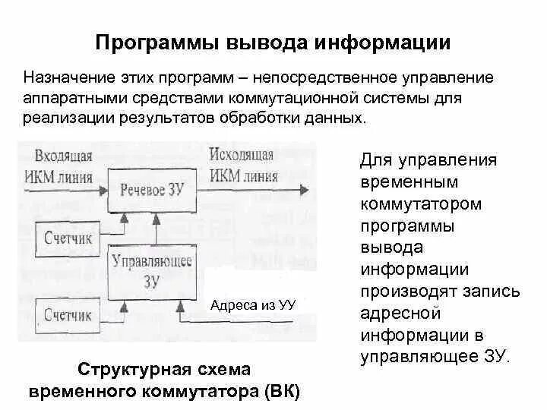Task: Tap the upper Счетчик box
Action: pos(68,238)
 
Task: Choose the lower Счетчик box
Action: pos(68,314)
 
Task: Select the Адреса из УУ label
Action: pos(252,304)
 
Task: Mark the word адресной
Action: pos(395,313)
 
